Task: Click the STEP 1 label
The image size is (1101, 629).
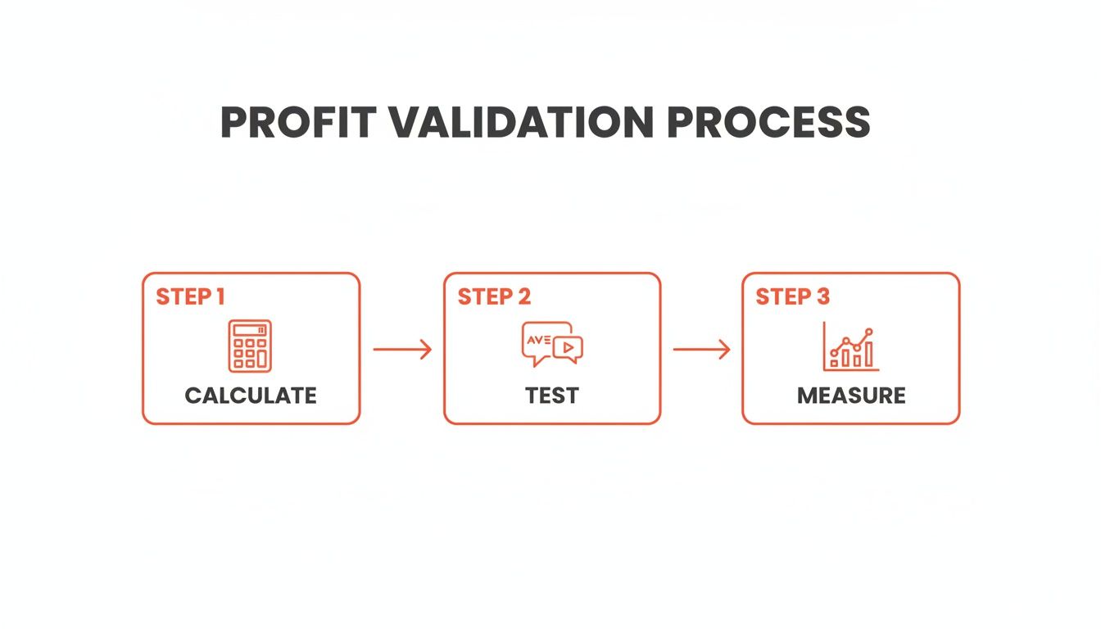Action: coord(190,296)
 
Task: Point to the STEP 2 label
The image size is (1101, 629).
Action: coord(494,296)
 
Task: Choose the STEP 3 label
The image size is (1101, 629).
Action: coord(792,296)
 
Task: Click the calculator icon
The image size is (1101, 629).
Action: coord(249,346)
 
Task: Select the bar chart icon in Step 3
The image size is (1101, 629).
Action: coord(851,346)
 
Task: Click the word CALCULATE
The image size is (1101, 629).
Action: coord(251,396)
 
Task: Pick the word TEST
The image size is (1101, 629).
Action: coord(552,396)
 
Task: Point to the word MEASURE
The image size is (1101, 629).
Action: coord(851,396)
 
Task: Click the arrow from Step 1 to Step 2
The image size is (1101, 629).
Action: coord(402,350)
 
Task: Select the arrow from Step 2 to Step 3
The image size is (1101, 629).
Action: coord(701,350)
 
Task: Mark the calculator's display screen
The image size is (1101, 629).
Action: coord(249,331)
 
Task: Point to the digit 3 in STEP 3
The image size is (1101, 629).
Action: coord(822,296)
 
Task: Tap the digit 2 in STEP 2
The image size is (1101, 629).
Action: coord(523,296)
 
